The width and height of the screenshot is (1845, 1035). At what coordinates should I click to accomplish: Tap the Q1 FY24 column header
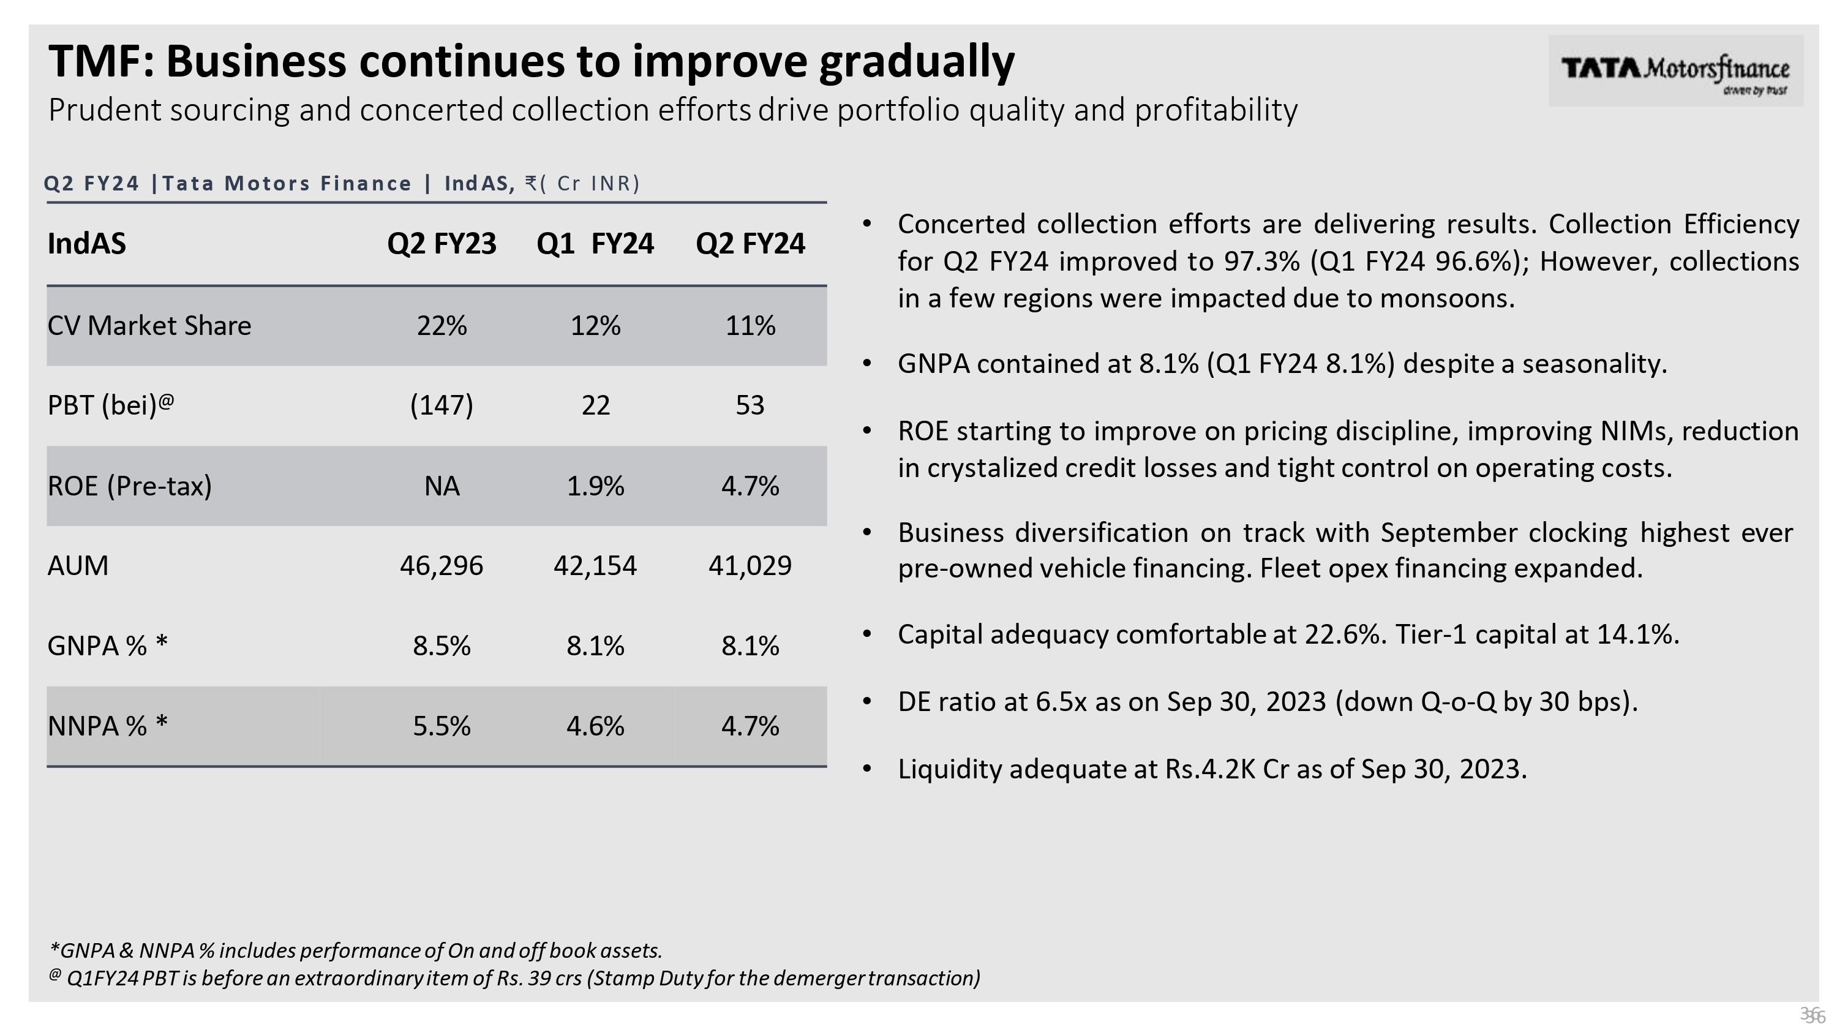(595, 244)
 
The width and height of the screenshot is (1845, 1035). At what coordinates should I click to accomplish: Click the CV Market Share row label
(149, 326)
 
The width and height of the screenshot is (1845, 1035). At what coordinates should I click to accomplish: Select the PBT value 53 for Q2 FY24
(750, 405)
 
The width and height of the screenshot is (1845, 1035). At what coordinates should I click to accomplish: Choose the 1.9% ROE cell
(595, 486)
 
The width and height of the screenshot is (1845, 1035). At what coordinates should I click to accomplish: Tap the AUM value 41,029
(750, 566)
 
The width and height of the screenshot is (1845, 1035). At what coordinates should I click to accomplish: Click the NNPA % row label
(107, 726)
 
